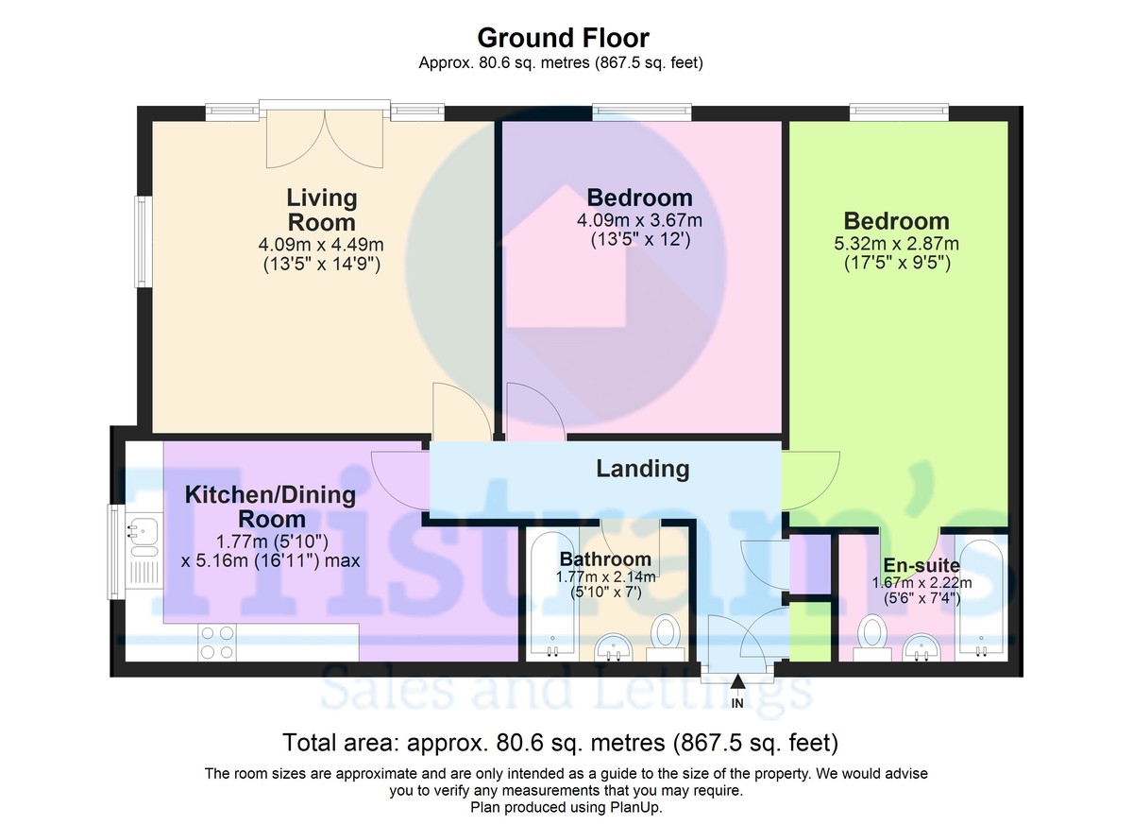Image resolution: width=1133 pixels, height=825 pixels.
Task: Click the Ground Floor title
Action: pyautogui.click(x=563, y=38)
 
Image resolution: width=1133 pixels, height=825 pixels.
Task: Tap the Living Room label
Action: pyautogui.click(x=322, y=210)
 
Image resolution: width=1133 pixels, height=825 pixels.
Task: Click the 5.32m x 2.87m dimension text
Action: pyautogui.click(x=896, y=244)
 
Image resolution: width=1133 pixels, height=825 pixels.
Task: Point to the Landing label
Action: pyautogui.click(x=642, y=468)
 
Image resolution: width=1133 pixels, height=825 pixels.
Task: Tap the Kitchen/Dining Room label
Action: pyautogui.click(x=270, y=507)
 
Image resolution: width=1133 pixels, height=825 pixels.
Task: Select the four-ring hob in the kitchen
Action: pyautogui.click(x=216, y=643)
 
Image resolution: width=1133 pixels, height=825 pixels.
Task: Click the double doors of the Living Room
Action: pyautogui.click(x=326, y=137)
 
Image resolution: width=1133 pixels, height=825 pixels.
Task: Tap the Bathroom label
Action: pyautogui.click(x=605, y=559)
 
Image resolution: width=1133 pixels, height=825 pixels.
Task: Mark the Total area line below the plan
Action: pyautogui.click(x=561, y=742)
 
